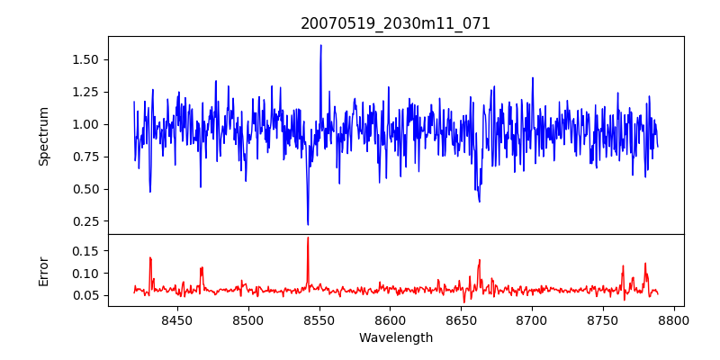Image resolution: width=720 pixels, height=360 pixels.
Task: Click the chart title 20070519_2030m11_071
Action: pos(395,23)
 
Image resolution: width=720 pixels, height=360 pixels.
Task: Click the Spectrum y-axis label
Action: pos(43,136)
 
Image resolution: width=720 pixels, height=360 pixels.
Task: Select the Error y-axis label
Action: pos(43,270)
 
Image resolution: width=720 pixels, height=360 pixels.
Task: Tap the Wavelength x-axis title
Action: pos(395,338)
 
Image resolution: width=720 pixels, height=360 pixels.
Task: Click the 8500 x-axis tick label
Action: pos(247,319)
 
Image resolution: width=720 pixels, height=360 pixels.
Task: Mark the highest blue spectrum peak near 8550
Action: pos(320,46)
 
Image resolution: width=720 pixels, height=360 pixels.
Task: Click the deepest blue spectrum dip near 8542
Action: pos(308,224)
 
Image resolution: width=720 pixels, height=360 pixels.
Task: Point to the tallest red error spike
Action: pos(308,238)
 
